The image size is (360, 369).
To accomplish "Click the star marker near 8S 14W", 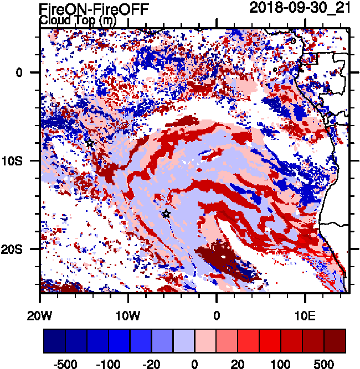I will click(90, 143).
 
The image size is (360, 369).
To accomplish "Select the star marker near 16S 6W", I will click(166, 214).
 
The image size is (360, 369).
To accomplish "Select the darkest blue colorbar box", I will click(54, 341).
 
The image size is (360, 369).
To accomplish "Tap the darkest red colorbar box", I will click(335, 341).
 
